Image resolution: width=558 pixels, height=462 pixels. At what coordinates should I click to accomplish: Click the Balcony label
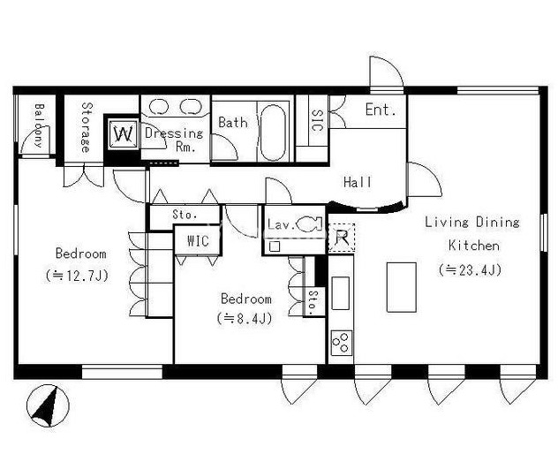coord(39,125)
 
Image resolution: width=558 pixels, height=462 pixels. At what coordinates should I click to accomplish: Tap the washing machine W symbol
coord(123,134)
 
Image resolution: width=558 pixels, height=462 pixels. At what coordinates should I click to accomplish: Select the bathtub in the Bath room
coord(273,133)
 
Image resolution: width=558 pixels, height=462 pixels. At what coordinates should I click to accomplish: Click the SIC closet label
coord(316,120)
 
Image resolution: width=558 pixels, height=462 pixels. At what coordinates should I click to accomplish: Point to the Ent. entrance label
coord(381,110)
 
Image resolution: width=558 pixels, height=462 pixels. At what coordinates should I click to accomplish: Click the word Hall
coord(357,182)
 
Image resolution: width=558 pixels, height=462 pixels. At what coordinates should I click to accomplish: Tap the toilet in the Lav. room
coord(309,224)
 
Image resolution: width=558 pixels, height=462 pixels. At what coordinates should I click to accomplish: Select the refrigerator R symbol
coord(342,238)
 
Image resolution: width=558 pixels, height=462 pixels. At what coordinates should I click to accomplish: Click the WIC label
coord(198,241)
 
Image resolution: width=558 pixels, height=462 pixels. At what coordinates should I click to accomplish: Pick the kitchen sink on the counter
coord(340,293)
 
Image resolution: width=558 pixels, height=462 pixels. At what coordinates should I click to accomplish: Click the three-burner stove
coord(342,343)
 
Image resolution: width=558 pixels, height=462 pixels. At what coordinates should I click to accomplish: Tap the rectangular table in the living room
coord(402,288)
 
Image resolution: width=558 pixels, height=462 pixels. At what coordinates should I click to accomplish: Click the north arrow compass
coord(48,405)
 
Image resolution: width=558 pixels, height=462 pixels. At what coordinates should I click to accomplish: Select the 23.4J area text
coord(470,269)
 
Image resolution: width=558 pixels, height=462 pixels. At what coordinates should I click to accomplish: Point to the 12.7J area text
coord(77,276)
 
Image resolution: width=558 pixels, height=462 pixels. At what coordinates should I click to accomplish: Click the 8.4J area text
coord(245,318)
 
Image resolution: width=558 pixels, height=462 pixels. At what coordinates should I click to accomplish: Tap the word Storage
coord(86,127)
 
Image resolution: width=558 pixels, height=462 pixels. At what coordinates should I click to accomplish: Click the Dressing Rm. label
coord(175,140)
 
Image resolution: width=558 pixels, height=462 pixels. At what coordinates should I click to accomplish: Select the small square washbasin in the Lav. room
coord(275,246)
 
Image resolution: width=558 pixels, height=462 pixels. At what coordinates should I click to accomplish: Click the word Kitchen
coord(473,246)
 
